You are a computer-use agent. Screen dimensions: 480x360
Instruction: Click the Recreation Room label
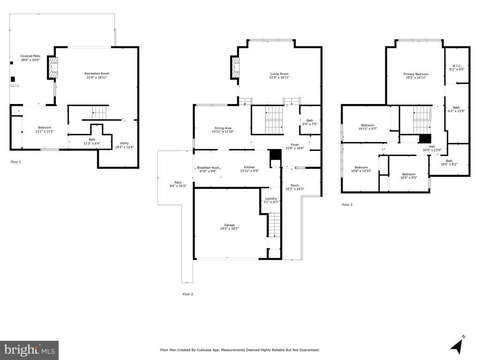click(x=97, y=74)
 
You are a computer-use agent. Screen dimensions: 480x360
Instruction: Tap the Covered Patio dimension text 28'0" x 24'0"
click(x=30, y=60)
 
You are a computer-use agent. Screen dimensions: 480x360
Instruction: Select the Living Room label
click(x=279, y=74)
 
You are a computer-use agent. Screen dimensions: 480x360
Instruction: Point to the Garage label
click(x=229, y=225)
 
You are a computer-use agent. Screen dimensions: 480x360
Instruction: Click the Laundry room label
click(x=271, y=198)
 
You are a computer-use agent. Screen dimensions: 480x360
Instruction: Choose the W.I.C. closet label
click(x=457, y=66)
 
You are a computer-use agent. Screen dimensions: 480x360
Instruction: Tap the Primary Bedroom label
click(x=416, y=74)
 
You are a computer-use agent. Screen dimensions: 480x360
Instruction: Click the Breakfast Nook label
click(x=208, y=168)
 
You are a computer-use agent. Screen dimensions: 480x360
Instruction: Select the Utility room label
click(x=124, y=143)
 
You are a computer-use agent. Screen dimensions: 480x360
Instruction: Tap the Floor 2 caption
click(x=188, y=294)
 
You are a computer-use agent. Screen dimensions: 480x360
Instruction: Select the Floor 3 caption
click(x=347, y=204)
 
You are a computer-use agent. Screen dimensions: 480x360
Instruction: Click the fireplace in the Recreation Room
click(x=52, y=67)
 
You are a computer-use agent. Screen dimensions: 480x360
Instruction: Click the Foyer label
click(x=295, y=144)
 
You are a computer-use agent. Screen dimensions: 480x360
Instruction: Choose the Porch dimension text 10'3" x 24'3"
click(x=295, y=189)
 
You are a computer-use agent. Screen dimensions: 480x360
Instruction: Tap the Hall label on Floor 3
click(x=432, y=147)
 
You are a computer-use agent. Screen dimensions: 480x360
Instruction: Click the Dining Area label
click(x=223, y=128)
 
